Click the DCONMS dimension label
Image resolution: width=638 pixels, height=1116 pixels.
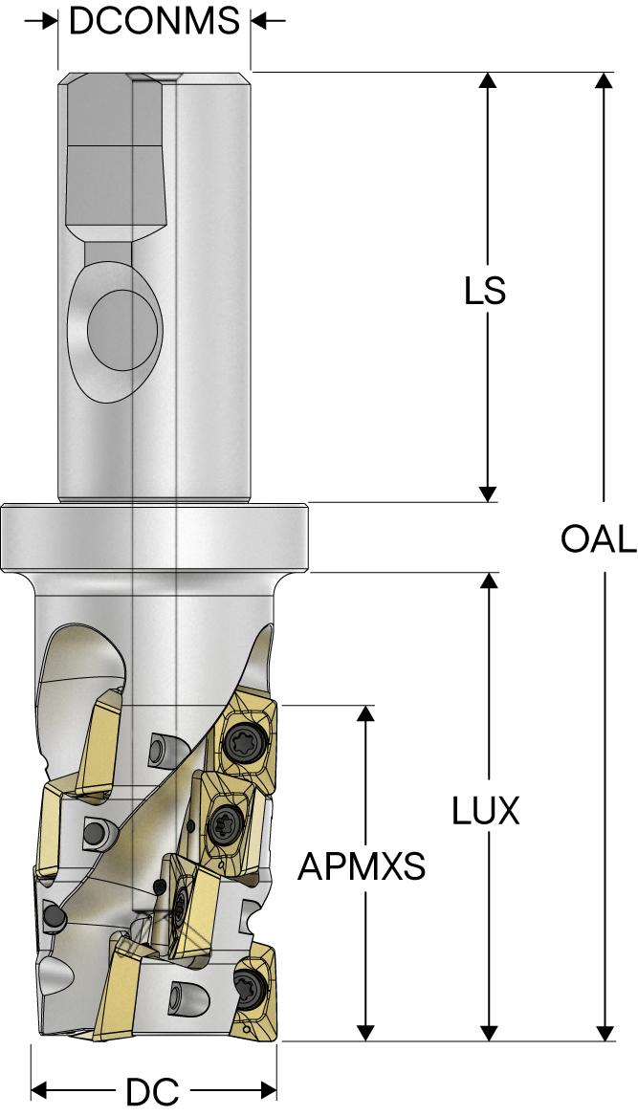point(154,20)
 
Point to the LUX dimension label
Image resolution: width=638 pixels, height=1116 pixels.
point(486,811)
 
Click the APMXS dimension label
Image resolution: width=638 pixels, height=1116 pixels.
point(362,866)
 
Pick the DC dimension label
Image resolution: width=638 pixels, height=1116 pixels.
point(153,1091)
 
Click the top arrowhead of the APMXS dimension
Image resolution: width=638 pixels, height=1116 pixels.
point(365,715)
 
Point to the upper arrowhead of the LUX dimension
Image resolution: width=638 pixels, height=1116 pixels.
point(489,581)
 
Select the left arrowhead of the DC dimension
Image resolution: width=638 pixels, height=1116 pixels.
point(41,1091)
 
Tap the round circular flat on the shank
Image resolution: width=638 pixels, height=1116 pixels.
point(122,328)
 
